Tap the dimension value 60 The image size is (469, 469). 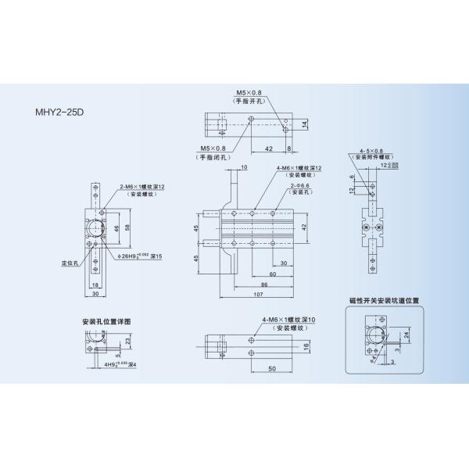click(x=274, y=274)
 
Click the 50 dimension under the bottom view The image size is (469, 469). click(x=270, y=367)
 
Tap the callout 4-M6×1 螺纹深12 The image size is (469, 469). click(x=299, y=168)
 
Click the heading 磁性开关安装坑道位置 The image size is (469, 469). click(x=384, y=299)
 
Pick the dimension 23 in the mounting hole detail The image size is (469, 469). click(x=127, y=341)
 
